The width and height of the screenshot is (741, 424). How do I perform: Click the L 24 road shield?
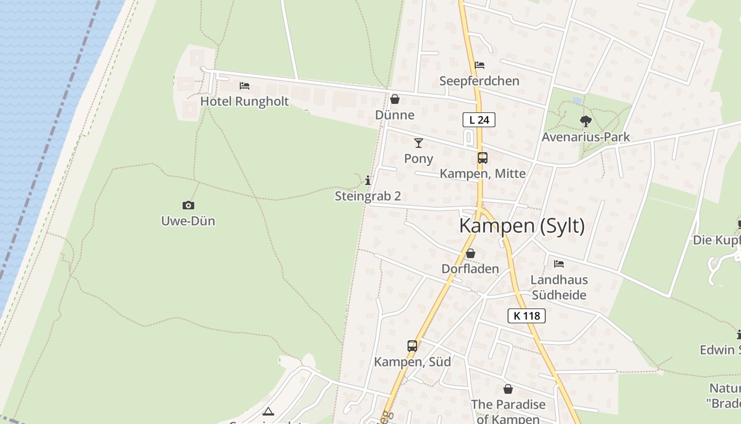point(479,120)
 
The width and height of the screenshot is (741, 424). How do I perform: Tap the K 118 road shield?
point(526,316)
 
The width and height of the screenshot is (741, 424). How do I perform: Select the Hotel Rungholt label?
point(245,101)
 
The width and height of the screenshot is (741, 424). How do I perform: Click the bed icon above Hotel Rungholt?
point(244,85)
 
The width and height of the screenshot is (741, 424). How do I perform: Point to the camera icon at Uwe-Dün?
point(188,205)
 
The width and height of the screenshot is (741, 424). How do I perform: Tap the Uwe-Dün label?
point(188,221)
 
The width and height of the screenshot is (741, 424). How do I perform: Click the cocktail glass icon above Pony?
point(419,143)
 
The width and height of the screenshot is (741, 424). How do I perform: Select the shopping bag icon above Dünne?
point(394,99)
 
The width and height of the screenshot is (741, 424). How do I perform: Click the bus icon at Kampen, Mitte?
point(482,157)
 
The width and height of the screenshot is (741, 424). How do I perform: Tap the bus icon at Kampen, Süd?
point(412,346)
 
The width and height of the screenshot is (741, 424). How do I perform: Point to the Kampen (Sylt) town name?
point(522,226)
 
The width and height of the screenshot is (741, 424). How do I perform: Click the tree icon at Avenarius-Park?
point(585,121)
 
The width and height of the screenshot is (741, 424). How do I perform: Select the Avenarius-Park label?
point(585,137)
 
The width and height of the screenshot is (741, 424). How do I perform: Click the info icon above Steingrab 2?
point(368,181)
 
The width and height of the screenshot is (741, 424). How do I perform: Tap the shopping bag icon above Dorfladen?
point(470,253)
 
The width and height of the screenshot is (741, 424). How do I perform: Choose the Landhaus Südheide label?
point(559,287)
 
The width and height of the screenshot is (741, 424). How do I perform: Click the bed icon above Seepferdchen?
point(480,65)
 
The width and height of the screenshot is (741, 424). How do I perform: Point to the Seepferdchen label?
point(479,81)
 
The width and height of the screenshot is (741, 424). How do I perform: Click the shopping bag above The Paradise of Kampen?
point(508,390)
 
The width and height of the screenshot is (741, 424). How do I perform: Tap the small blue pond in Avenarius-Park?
point(577,100)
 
